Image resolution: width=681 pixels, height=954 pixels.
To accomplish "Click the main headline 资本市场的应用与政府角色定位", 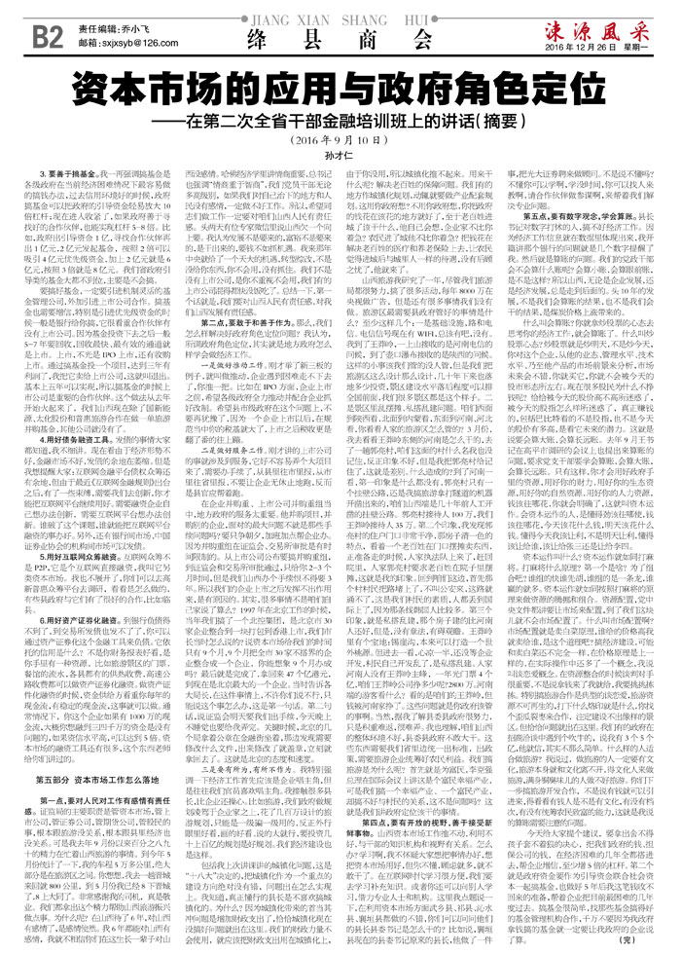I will tap(340, 92).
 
